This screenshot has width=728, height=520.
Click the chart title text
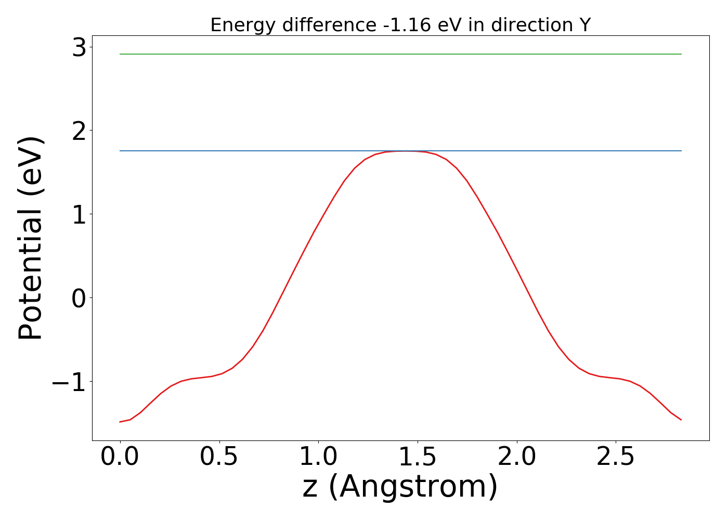[x=400, y=25]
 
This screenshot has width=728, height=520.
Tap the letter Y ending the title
[x=585, y=25]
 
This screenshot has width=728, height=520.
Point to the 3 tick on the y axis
[x=80, y=48]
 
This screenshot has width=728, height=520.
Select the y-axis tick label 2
[x=80, y=131]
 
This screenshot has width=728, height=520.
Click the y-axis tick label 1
[x=80, y=215]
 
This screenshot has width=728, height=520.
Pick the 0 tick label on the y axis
[x=80, y=298]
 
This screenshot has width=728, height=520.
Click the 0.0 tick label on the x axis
[x=120, y=457]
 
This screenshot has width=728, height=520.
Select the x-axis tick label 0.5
[x=219, y=457]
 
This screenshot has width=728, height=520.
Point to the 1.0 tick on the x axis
[x=318, y=457]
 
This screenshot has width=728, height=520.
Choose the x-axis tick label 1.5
[x=418, y=457]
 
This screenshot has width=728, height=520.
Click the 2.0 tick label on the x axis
[x=517, y=457]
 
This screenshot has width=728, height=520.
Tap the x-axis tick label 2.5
[x=616, y=457]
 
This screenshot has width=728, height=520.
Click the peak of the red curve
[x=406, y=151]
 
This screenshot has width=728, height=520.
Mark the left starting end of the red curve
[x=120, y=422]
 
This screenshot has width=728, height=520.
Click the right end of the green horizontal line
[x=681, y=54]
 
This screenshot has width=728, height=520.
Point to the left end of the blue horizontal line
[x=120, y=151]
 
